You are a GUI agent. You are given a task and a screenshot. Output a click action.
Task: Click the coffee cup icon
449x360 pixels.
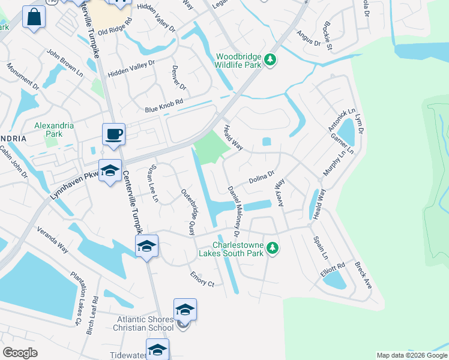pos(113,134)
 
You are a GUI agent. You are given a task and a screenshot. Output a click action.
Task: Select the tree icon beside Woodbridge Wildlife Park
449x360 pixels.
pos(270,59)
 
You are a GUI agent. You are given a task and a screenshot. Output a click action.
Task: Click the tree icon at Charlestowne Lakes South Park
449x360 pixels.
pos(273,248)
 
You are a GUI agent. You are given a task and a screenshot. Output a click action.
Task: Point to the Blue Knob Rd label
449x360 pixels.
pos(163,106)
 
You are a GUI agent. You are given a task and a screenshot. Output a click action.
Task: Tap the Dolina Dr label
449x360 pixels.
pos(261,178)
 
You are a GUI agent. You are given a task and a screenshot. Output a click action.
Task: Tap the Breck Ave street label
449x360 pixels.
pos(364,275)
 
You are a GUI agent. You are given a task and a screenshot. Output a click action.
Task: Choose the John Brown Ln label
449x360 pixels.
pos(64,62)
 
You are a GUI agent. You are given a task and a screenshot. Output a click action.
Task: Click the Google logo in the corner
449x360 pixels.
pos(20,353)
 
